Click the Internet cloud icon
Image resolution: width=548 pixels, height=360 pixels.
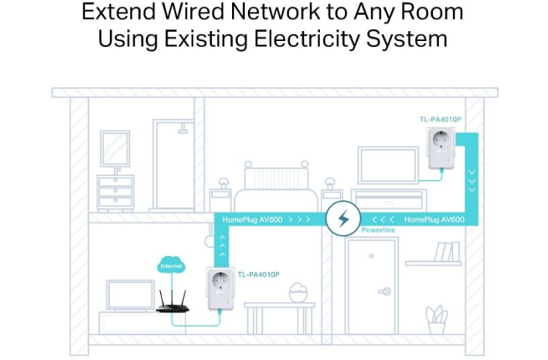click(170, 264)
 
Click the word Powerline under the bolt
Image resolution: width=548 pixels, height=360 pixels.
click(378, 230)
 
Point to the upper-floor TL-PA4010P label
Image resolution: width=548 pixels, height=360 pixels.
click(440, 120)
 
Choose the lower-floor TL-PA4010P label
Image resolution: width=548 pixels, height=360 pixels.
click(258, 274)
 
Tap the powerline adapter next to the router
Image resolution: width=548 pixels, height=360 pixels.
click(220, 290)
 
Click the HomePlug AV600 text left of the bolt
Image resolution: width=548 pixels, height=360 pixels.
click(251, 219)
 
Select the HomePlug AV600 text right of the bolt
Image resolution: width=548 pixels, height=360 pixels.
click(434, 219)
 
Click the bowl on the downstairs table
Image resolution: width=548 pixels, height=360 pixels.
click(298, 293)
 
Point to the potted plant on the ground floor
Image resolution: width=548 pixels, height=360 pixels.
click(437, 320)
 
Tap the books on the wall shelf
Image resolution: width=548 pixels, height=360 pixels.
click(445, 252)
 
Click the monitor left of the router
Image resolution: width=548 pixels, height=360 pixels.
click(129, 295)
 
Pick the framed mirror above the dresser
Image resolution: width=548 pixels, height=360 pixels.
click(115, 149)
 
